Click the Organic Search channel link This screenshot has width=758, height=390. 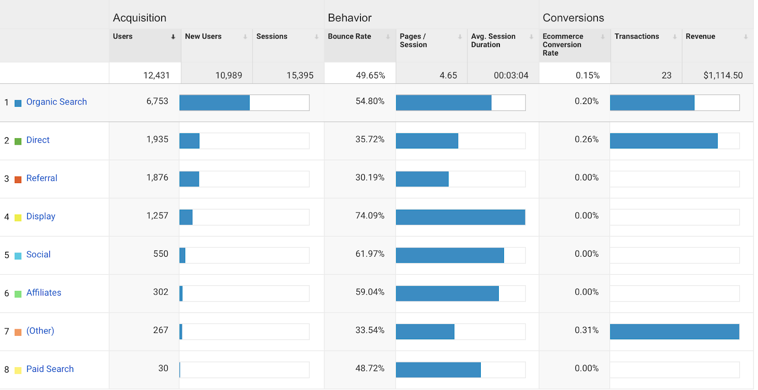tap(56, 102)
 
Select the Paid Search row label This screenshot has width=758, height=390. tap(50, 369)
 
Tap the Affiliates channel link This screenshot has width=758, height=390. tap(44, 293)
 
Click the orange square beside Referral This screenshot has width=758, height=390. tap(18, 179)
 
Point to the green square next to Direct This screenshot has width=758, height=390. tap(18, 141)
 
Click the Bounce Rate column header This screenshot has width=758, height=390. tap(350, 37)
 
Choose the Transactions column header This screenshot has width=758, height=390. tap(636, 37)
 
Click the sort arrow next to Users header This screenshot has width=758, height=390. tap(173, 37)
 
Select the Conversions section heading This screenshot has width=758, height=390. tap(573, 18)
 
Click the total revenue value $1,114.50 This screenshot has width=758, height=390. tap(723, 75)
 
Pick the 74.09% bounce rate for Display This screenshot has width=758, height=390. tap(370, 216)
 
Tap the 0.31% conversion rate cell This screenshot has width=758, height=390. tap(587, 330)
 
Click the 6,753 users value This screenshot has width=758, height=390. tap(157, 102)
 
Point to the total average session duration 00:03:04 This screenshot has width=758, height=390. tap(511, 75)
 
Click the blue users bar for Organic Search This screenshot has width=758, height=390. tap(215, 103)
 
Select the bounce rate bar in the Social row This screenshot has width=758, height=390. tap(450, 255)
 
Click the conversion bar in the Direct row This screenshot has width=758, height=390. tap(663, 141)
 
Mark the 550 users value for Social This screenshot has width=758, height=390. tap(161, 254)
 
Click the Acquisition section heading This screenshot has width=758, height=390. tap(139, 18)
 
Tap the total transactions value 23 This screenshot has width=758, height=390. tap(666, 75)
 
